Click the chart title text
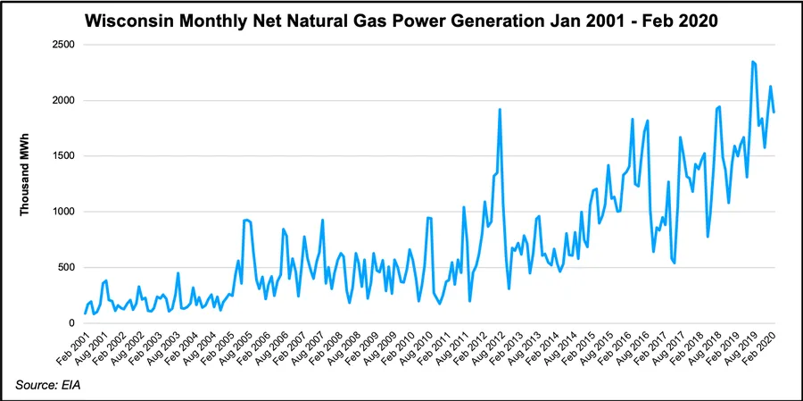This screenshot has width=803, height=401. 402,20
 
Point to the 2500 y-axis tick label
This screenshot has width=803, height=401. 62,45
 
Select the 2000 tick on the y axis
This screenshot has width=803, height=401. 62,100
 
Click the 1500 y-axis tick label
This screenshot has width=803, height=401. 62,156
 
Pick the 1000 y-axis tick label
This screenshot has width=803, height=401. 62,212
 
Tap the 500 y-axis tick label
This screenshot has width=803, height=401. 65,267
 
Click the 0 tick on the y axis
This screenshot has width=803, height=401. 72,323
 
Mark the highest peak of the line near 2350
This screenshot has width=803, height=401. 753,62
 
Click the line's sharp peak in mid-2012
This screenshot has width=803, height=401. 500,109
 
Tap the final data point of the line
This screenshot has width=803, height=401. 774,113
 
